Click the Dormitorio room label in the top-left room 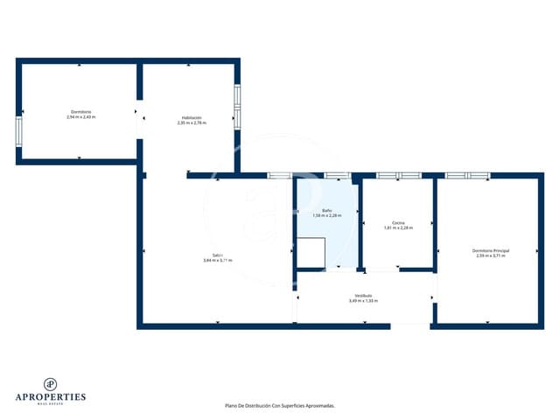click(x=80, y=112)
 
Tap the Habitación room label click(x=192, y=117)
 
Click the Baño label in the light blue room click(x=326, y=210)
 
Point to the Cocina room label click(x=398, y=222)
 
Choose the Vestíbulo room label click(x=363, y=295)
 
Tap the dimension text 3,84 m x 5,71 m click(x=217, y=260)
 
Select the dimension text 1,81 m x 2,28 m click(x=398, y=227)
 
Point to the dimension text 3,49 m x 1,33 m click(x=363, y=300)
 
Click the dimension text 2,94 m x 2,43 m click(x=80, y=117)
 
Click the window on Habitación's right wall click(x=236, y=106)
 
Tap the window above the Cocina click(x=398, y=176)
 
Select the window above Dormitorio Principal click(x=467, y=176)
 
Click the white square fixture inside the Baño click(x=310, y=252)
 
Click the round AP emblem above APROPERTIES click(x=52, y=383)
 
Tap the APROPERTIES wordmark click(x=52, y=397)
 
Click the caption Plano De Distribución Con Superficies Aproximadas click(x=279, y=406)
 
